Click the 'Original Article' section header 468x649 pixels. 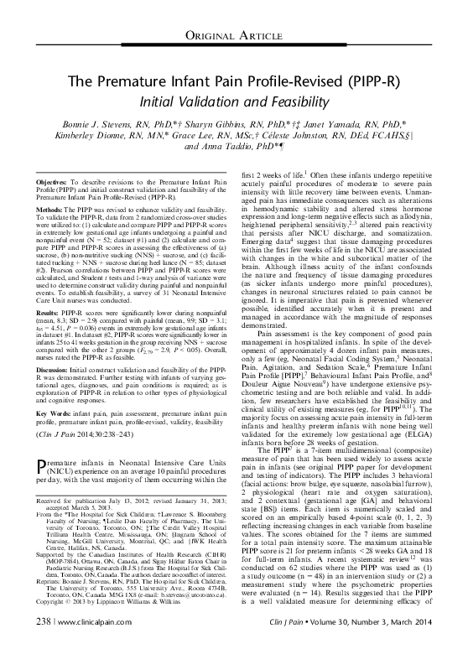(x=234, y=34)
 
